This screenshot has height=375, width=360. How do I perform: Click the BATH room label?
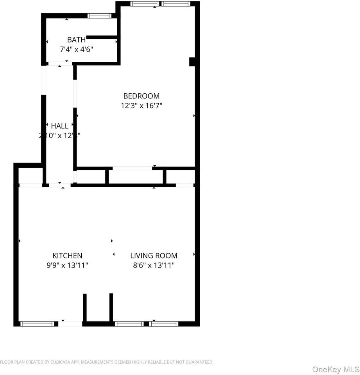coord(76,39)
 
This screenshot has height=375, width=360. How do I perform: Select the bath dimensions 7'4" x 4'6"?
coord(76,50)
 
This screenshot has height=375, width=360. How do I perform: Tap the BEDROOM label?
coord(141,96)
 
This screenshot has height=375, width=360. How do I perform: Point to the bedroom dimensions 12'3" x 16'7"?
coord(141,105)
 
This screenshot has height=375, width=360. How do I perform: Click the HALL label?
coord(60,126)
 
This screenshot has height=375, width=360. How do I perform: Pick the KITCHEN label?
coord(68,256)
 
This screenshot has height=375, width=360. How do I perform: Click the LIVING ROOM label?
coord(154,256)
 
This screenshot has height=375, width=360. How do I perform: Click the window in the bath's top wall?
coord(99,16)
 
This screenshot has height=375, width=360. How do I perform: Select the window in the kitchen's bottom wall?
coord(37,323)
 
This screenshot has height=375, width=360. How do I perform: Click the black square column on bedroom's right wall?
coord(192,62)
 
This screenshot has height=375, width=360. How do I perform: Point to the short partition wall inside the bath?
coord(102,37)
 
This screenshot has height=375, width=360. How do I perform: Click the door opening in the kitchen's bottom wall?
coord(70,323)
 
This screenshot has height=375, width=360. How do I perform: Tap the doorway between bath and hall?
coord(60,63)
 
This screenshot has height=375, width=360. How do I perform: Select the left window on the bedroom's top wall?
coord(145,4)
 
